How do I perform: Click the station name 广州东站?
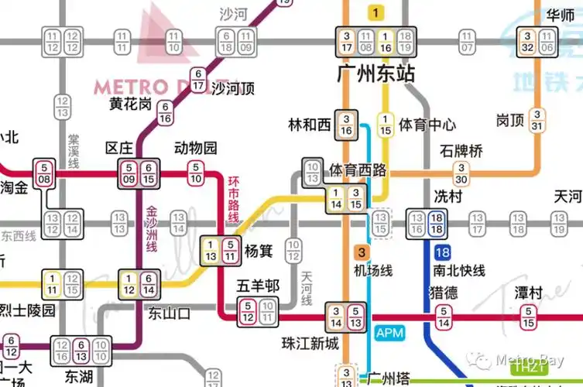376,74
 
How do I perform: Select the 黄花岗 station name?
130,104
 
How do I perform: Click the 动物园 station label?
196,148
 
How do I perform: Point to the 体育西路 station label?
358,170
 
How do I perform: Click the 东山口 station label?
169,313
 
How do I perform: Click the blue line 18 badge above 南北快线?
442,253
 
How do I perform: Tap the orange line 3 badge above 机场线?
362,252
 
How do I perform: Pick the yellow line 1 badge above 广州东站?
376,12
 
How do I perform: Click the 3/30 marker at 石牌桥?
462,173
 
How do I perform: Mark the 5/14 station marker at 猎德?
444,316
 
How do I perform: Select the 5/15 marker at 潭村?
528,316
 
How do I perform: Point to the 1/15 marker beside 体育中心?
385,124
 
